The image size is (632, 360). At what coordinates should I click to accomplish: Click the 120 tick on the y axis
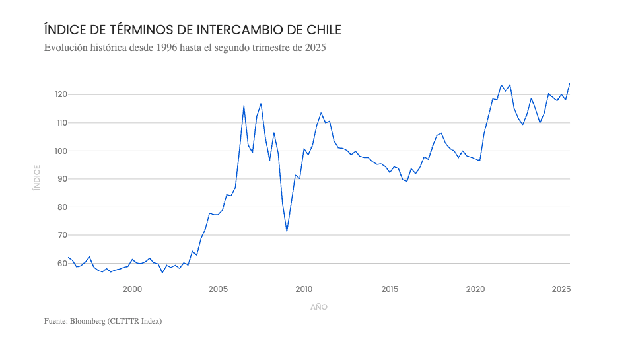[x=61, y=94]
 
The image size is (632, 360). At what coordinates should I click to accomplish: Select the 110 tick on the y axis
[x=61, y=123]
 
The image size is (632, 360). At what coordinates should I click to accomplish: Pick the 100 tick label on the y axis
[x=61, y=151]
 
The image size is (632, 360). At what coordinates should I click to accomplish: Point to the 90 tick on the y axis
[x=61, y=179]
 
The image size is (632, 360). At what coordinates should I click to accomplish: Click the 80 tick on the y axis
[x=61, y=207]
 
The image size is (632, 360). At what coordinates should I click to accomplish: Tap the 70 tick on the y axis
[x=61, y=235]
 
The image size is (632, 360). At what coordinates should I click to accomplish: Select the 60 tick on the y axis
[x=61, y=263]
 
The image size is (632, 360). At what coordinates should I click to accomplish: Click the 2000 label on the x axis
[x=132, y=289]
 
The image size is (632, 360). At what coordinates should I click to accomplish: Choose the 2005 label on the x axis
[x=218, y=289]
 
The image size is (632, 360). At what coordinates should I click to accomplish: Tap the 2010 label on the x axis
[x=304, y=289]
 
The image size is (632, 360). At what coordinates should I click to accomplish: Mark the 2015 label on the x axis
[x=390, y=289]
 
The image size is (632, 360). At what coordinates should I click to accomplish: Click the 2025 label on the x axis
[x=561, y=289]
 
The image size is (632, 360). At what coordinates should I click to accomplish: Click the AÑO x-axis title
[x=319, y=307]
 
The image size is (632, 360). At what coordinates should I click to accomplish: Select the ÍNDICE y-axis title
[x=37, y=178]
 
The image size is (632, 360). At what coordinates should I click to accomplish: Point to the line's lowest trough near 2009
[x=287, y=231]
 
